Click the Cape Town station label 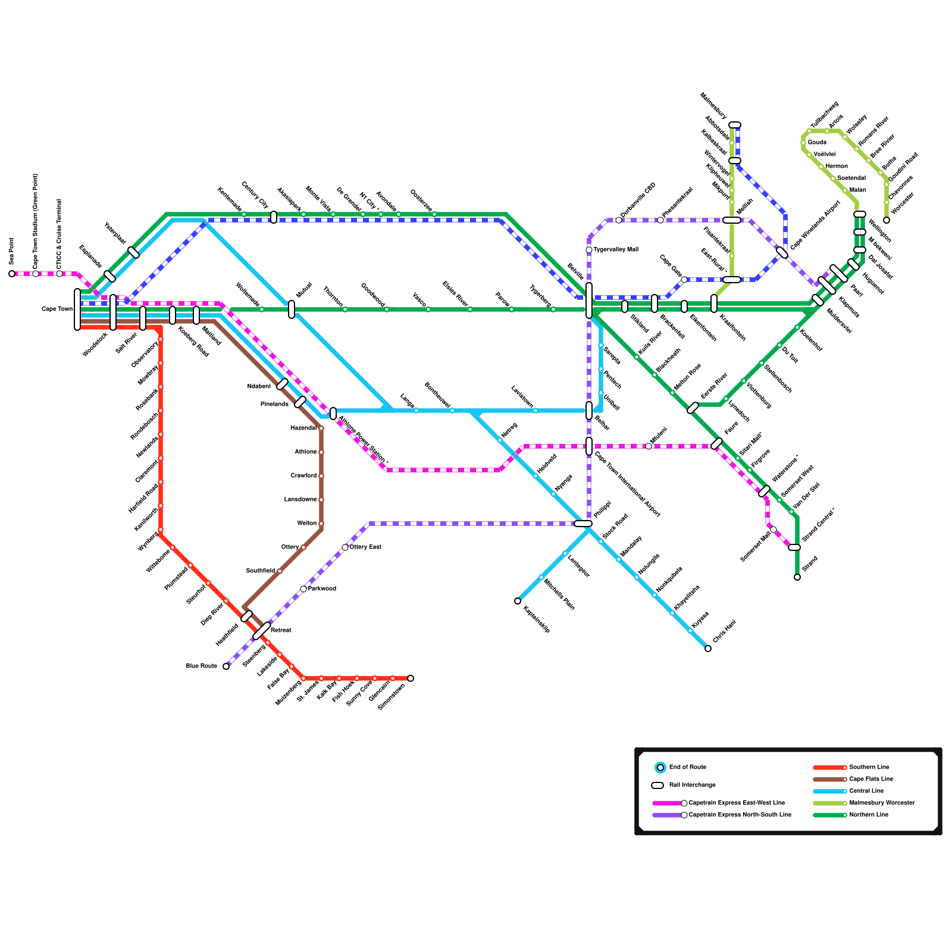coord(57,309)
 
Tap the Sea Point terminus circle coord(12,274)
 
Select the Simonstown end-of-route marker coord(411,678)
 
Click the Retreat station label coord(281,630)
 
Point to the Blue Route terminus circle coord(226,666)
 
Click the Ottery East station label coord(365,547)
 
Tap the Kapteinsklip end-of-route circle coord(518,601)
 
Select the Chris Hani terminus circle coord(708,649)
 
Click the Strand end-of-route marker coord(797,577)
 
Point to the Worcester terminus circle coord(887,220)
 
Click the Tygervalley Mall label coord(616,250)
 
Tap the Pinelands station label coord(274,405)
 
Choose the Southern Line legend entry coord(869,768)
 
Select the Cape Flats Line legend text coord(871,779)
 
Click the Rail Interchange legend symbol coord(657,785)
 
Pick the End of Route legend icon coord(660,768)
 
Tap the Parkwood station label coord(322,589)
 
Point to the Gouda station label coord(817,143)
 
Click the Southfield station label coord(261,571)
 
